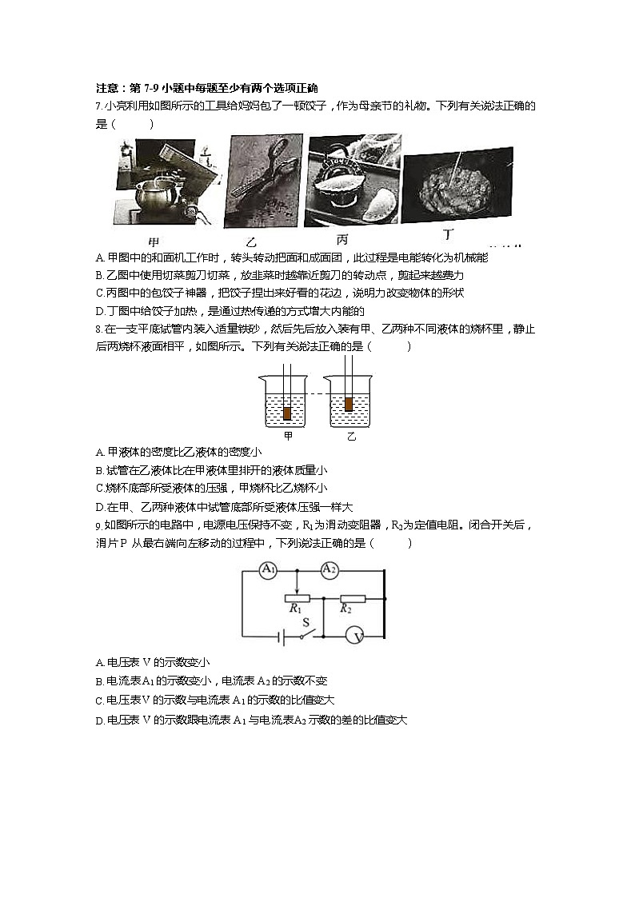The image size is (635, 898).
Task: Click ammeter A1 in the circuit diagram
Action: pyautogui.click(x=269, y=570)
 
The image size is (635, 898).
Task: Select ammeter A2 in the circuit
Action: pyautogui.click(x=329, y=570)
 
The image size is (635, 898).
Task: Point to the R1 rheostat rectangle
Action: pyautogui.click(x=297, y=598)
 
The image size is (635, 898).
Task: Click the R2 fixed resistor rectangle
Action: pyautogui.click(x=352, y=598)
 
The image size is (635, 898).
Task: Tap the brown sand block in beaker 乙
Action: pyautogui.click(x=348, y=405)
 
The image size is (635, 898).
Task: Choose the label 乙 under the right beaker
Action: pyautogui.click(x=350, y=437)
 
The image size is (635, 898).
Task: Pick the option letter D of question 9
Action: pyautogui.click(x=98, y=720)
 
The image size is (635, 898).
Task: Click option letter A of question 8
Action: pyautogui.click(x=98, y=452)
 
